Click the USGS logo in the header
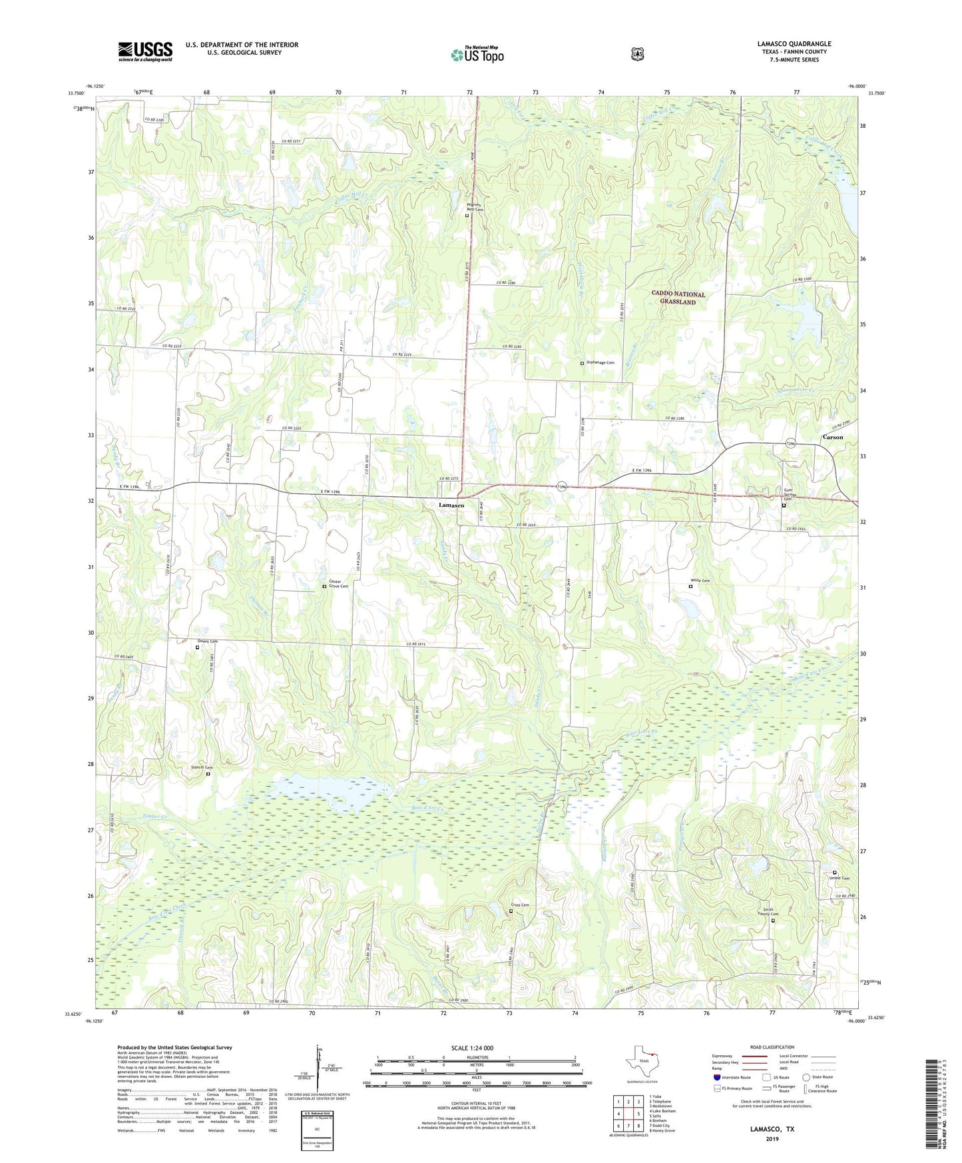[145, 51]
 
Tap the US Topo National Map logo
[477, 55]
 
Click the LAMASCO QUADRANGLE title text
[794, 44]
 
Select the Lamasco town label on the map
[451, 506]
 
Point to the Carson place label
[832, 437]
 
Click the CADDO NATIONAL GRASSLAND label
[678, 298]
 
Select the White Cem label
[700, 581]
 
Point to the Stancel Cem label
[204, 767]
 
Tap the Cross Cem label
[521, 905]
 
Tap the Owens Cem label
[208, 641]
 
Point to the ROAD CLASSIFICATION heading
[772, 1047]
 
